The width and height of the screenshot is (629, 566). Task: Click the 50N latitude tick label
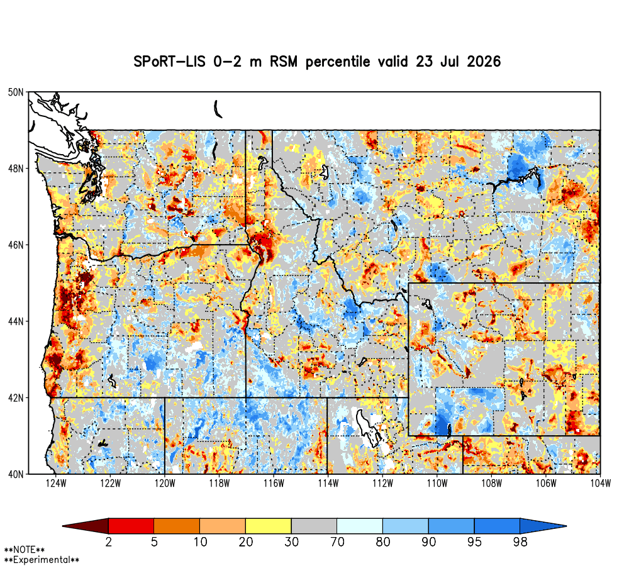pyautogui.click(x=16, y=92)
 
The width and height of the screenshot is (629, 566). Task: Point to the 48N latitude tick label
pyautogui.click(x=16, y=169)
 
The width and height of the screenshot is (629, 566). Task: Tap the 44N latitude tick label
pyautogui.click(x=16, y=321)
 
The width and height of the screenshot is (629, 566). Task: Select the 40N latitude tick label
pyautogui.click(x=16, y=474)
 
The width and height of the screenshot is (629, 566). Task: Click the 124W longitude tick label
pyautogui.click(x=56, y=484)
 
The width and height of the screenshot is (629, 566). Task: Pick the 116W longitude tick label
pyautogui.click(x=274, y=484)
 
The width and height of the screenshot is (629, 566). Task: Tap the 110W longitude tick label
pyautogui.click(x=437, y=484)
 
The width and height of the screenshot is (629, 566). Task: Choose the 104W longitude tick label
pyautogui.click(x=601, y=484)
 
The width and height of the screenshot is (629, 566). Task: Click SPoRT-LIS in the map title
pyautogui.click(x=169, y=62)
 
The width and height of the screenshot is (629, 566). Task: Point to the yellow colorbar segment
pyautogui.click(x=269, y=526)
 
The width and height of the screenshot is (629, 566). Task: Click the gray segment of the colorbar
pyautogui.click(x=314, y=526)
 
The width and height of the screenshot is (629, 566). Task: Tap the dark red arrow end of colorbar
pyautogui.click(x=86, y=526)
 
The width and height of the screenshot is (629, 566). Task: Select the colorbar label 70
pyautogui.click(x=337, y=542)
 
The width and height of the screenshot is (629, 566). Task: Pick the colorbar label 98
pyautogui.click(x=520, y=542)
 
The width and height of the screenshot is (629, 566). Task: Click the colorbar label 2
pyautogui.click(x=108, y=542)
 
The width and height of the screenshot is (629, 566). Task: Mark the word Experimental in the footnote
pyautogui.click(x=42, y=560)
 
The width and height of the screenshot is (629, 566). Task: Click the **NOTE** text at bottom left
pyautogui.click(x=25, y=550)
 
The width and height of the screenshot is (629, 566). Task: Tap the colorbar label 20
pyautogui.click(x=246, y=542)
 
